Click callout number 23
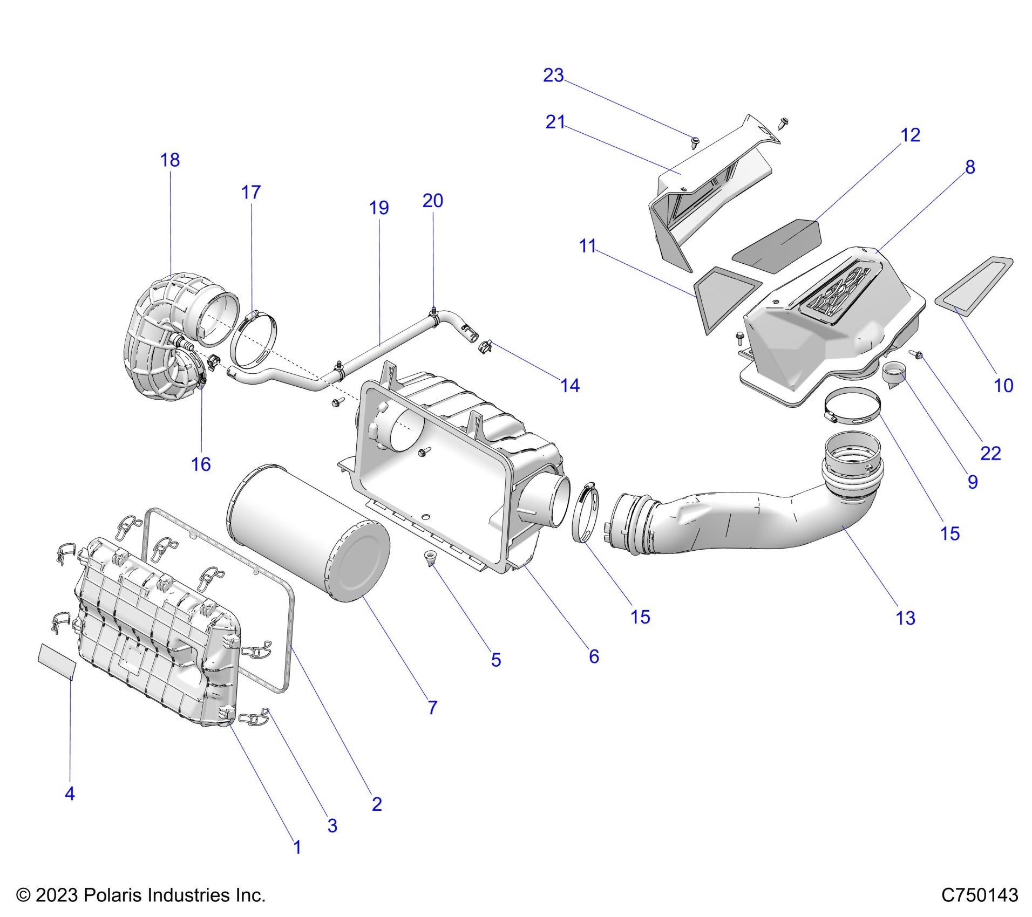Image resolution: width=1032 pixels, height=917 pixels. coord(553,76)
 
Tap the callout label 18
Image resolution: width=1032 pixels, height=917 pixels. coord(170,160)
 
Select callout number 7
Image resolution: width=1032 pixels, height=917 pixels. coord(432,708)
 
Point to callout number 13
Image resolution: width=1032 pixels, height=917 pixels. coord(905,618)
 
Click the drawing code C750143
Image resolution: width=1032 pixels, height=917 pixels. coord(980,895)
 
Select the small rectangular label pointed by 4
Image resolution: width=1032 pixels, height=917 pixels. coord(57,660)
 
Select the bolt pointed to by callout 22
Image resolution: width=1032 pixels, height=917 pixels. coord(915,354)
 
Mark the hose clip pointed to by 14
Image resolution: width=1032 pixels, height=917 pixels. coord(485,346)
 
